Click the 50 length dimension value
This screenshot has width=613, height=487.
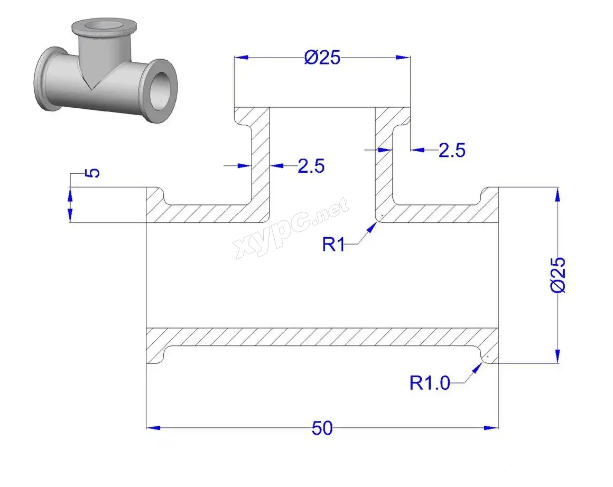coord(322,428)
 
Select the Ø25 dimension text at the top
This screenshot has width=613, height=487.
coord(322,58)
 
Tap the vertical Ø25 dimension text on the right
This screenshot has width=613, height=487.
coord(558,274)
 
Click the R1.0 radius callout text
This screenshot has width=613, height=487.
coord(430,383)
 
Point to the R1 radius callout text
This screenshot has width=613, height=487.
coord(333,245)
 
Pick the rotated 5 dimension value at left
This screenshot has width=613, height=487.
coord(92,173)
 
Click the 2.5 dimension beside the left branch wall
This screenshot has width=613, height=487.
coord(311,166)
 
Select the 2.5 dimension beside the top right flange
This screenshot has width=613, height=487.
coord(452,151)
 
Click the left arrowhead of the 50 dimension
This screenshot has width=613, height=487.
coord(153,428)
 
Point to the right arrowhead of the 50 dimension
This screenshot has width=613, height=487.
coord(491,428)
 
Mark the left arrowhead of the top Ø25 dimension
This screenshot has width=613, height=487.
coord(242,58)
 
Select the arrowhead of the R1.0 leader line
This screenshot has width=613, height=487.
coord(477,368)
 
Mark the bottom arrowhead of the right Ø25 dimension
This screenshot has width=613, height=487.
coord(558,357)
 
